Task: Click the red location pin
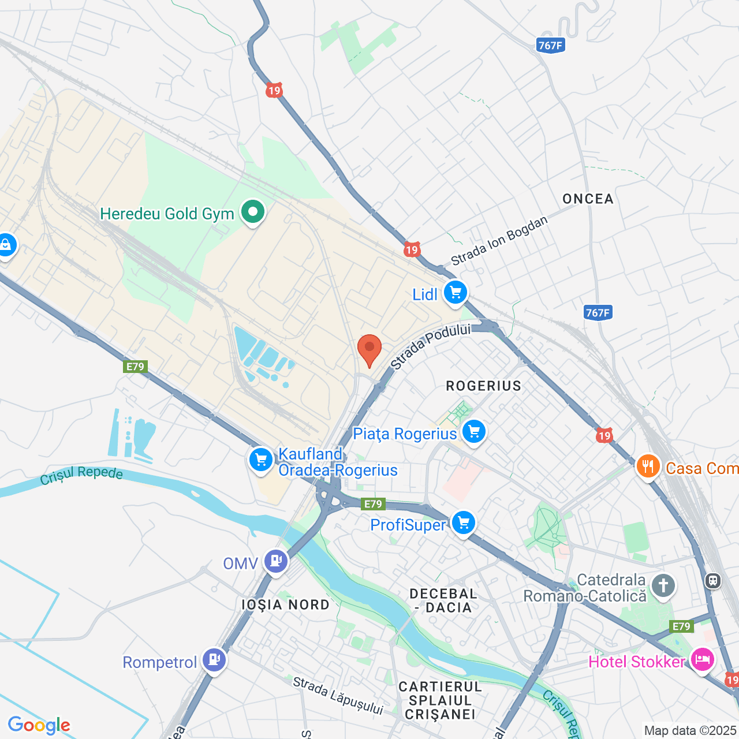pos(369,349)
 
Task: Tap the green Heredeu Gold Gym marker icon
pos(252,212)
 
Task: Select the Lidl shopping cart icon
pos(456,293)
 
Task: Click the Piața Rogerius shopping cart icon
pos(474,432)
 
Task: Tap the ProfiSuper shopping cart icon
pos(463,523)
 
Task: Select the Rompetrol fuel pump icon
pos(214,660)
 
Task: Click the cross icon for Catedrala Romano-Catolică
pos(663,586)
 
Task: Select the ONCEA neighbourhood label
pos(588,199)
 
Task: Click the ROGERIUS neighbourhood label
pos(483,386)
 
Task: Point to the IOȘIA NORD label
pos(286,604)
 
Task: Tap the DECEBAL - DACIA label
pos(443,600)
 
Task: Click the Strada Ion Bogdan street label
pos(499,241)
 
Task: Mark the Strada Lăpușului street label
pos(338,695)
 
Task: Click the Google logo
pos(39,725)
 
